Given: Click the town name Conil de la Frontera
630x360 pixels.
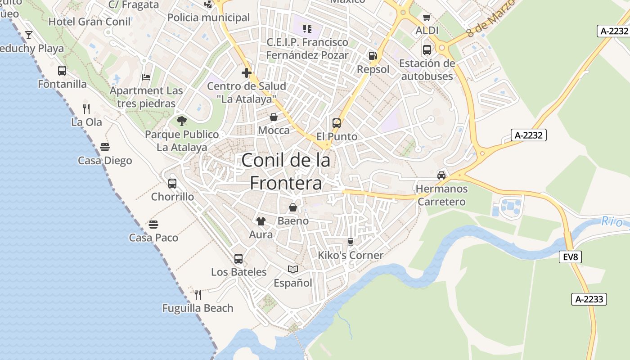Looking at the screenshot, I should tap(286, 171).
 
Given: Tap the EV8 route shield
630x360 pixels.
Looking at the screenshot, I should tap(570, 257).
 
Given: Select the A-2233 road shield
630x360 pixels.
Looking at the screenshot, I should tap(589, 299).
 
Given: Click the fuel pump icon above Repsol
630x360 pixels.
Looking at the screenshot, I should tap(373, 56).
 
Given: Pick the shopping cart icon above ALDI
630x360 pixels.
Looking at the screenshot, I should tap(427, 18).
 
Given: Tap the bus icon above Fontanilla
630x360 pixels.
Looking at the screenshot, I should tap(62, 71).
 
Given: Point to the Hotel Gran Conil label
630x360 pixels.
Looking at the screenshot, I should tap(89, 22).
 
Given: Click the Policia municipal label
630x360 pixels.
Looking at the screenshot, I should tap(208, 18).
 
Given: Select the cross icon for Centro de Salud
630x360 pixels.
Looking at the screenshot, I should tap(246, 72).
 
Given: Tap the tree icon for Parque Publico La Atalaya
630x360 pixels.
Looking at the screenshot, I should tap(182, 121).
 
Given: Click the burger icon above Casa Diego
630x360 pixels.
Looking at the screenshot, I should tap(105, 147).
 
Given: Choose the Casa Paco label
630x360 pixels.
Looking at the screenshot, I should tap(153, 238).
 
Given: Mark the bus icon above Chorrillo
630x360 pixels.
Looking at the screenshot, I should tap(172, 184).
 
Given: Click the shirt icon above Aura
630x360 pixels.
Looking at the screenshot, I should tap(261, 221).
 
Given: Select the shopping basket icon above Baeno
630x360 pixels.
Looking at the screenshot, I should tap(293, 207).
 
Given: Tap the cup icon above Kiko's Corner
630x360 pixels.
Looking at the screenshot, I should tap(351, 242).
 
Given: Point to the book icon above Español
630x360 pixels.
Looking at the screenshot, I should tap(293, 269).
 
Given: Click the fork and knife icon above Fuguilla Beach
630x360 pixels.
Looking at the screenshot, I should tap(198, 295).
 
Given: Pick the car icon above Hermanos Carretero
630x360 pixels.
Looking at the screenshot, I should tap(441, 175).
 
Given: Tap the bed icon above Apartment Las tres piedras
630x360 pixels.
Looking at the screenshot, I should tap(146, 77).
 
